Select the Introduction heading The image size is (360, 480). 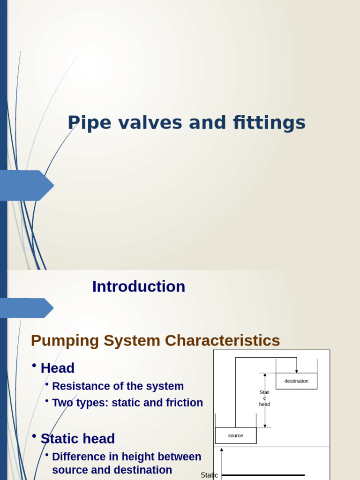coord(139,286)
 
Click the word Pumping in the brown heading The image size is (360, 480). coord(65,341)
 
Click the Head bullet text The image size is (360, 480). coord(58,368)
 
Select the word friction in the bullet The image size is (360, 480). coord(184,403)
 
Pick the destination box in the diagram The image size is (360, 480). coord(296,381)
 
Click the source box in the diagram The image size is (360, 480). coord(236,435)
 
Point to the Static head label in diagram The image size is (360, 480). coord(264,398)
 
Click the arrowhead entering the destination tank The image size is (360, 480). coord(297,371)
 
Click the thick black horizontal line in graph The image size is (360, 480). coord(262,475)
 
